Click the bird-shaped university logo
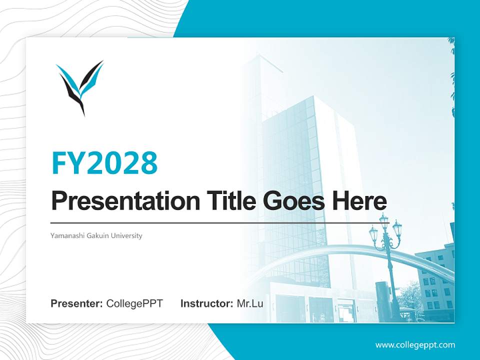click(x=80, y=86)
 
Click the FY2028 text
click(x=104, y=163)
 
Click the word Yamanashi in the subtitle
click(x=67, y=235)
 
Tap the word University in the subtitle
click(x=127, y=235)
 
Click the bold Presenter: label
click(x=77, y=303)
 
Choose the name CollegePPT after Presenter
click(x=134, y=303)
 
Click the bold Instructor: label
click(x=206, y=303)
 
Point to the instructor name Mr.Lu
click(x=250, y=303)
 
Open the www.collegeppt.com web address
click(x=415, y=344)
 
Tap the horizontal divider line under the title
click(x=220, y=223)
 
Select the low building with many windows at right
click(x=434, y=282)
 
